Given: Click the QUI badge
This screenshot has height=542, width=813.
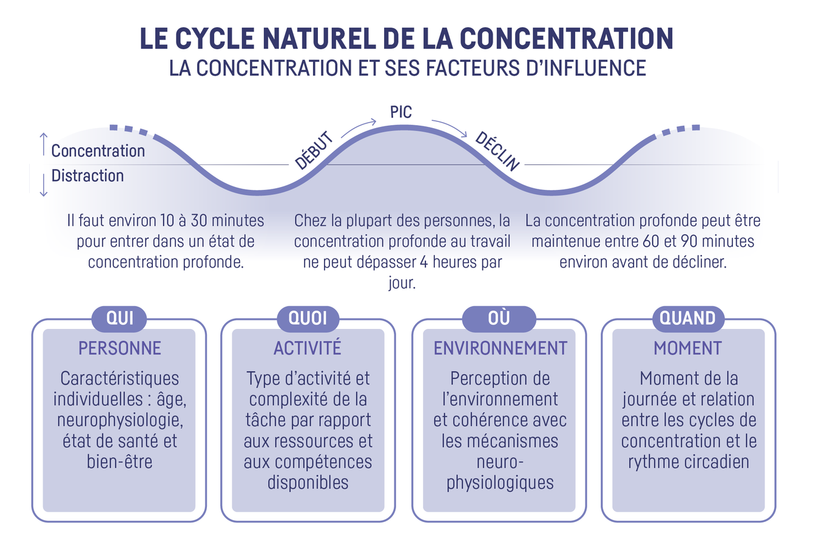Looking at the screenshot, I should click(119, 318).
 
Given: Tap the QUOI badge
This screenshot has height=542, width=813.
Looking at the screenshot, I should click(308, 318).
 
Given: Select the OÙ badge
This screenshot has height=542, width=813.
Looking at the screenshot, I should click(499, 318).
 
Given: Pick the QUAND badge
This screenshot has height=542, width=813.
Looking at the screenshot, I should click(687, 318).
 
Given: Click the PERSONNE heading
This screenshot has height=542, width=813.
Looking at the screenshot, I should click(120, 348).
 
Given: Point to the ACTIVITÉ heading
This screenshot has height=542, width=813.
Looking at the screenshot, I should click(308, 348).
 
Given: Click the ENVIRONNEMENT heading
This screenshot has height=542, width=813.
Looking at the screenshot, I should click(500, 348).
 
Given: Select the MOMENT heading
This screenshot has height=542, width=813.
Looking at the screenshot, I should click(687, 348).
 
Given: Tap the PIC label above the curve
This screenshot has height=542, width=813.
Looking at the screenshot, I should click(400, 112).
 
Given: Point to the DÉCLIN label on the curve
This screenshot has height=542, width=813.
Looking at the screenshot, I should click(497, 151).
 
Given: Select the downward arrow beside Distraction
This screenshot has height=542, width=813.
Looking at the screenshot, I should click(43, 185).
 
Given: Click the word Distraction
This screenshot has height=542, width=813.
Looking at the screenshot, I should click(87, 176).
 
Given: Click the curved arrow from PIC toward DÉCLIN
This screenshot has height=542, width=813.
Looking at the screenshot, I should click(449, 127).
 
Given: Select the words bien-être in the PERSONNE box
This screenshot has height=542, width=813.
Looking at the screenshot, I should click(119, 461).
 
